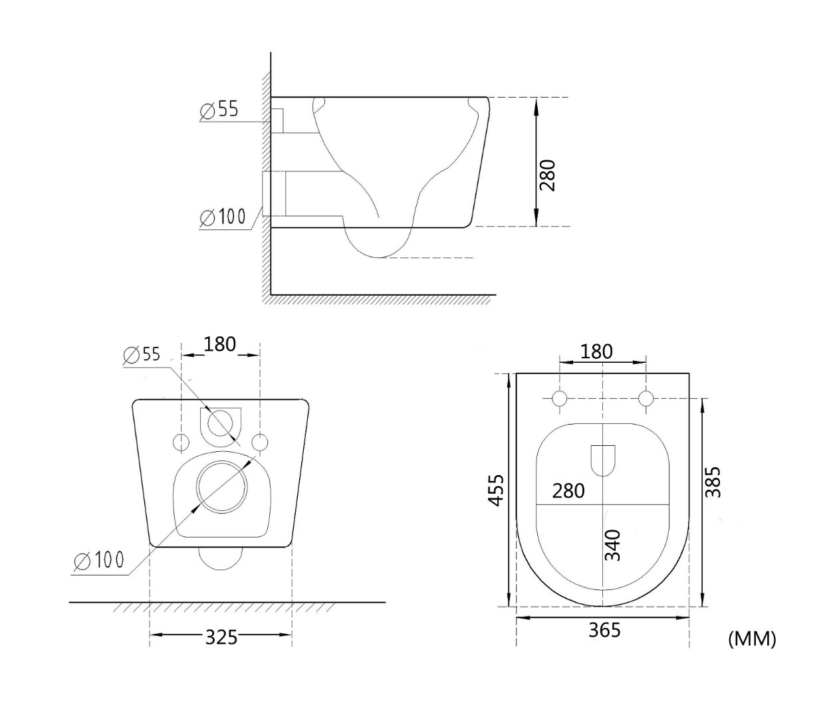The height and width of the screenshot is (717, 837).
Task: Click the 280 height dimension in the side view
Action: [547, 175]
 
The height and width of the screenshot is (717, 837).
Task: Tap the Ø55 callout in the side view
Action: [219, 110]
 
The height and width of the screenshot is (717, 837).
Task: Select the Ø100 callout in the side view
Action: [223, 217]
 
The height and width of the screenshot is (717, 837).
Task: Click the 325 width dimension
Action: [221, 637]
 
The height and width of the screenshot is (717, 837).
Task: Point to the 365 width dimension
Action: [604, 630]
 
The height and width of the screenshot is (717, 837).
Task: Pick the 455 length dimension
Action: [496, 490]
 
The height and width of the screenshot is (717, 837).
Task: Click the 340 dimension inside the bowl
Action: [613, 545]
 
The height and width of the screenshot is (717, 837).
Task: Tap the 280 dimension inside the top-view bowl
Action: [568, 491]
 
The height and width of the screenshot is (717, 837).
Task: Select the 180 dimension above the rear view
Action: [219, 344]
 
